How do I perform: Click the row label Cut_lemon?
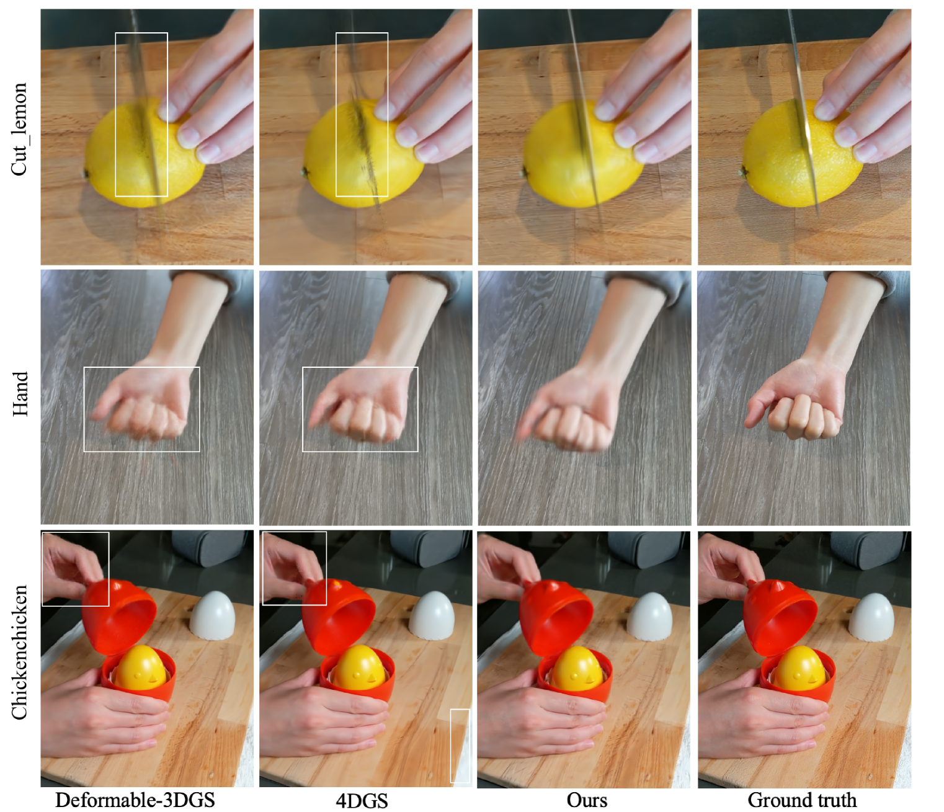[20, 129]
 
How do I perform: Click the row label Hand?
[20, 393]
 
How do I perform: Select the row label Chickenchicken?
[20, 652]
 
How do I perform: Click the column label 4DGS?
[362, 800]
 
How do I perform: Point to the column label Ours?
[587, 800]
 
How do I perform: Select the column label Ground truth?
[802, 800]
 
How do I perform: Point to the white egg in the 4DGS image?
[431, 615]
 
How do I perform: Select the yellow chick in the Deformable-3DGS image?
[142, 668]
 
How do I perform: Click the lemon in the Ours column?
[583, 154]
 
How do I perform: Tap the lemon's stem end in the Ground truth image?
[744, 172]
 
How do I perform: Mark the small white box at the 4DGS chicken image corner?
[460, 746]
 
